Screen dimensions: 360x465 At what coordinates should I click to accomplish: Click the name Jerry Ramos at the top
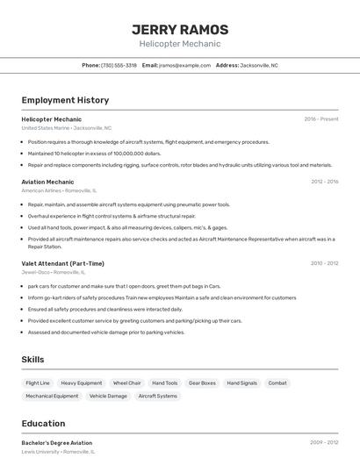[x=179, y=29]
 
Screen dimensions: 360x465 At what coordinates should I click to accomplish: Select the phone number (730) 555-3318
[x=119, y=65]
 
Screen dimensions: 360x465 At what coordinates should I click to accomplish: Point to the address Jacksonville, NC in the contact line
[x=259, y=65]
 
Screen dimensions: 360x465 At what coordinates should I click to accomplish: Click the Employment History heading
[x=65, y=100]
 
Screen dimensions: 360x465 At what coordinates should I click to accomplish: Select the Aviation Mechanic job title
[x=47, y=182]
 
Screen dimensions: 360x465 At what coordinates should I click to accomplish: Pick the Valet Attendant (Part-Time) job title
[x=62, y=263]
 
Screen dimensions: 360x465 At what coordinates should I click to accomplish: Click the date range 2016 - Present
[x=320, y=119]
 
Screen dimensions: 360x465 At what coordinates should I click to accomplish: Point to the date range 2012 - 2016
[x=324, y=182]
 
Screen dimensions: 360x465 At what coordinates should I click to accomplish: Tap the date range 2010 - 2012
[x=324, y=263]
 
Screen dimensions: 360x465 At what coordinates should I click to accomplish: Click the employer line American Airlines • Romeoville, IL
[x=59, y=190]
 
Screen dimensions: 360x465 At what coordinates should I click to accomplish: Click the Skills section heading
[x=32, y=360]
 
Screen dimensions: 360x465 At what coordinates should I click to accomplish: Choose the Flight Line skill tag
[x=38, y=383]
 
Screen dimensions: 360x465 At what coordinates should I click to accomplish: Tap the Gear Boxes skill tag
[x=202, y=383]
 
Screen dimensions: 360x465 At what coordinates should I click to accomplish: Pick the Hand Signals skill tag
[x=241, y=383]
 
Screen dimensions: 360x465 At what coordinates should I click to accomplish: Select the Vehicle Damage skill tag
[x=108, y=396]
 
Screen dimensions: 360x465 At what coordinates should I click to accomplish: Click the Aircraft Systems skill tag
[x=157, y=396]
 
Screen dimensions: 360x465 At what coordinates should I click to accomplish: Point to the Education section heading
[x=43, y=423]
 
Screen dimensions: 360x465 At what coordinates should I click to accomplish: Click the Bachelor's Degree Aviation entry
[x=56, y=443]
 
